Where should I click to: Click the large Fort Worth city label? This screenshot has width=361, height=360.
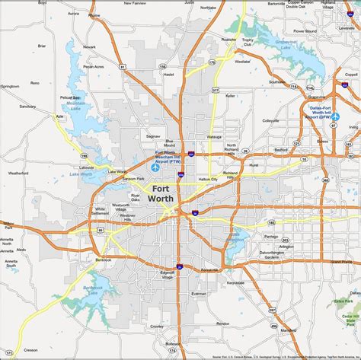point(161,193)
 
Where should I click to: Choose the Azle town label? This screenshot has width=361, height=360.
point(60,116)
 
